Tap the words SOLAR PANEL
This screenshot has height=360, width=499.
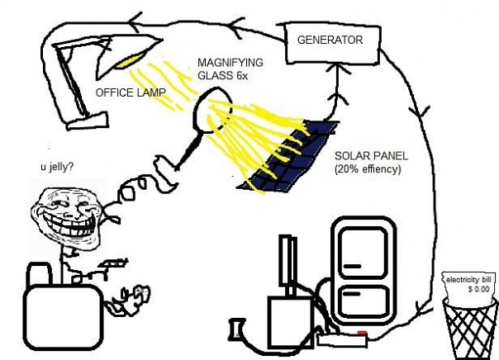[x=371, y=155]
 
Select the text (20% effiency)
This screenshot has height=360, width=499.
[x=369, y=169]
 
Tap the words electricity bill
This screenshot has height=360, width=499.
[x=468, y=280]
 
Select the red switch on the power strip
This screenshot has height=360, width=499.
[x=361, y=334]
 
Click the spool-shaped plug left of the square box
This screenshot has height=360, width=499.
[x=240, y=332]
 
